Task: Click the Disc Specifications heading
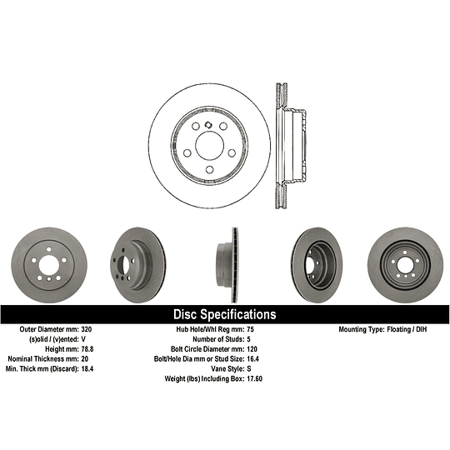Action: [225, 314]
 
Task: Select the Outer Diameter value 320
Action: [87, 329]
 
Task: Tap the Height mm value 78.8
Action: [87, 349]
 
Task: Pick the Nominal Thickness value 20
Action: [85, 358]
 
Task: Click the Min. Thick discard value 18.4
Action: [87, 369]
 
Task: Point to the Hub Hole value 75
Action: [250, 329]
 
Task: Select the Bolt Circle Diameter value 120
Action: [252, 349]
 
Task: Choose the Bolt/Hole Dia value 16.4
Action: [252, 358]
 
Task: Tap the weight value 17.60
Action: [254, 379]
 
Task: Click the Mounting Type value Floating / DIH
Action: [407, 329]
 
